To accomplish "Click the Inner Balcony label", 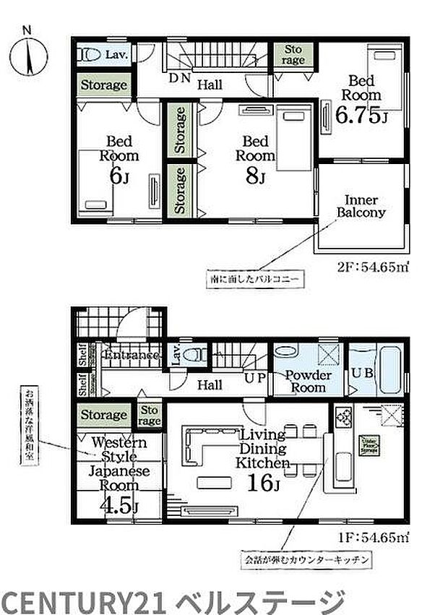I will [x=361, y=206].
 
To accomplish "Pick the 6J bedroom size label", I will [x=119, y=175].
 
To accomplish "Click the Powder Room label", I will [x=308, y=381].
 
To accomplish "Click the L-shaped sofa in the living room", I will [x=199, y=444].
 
